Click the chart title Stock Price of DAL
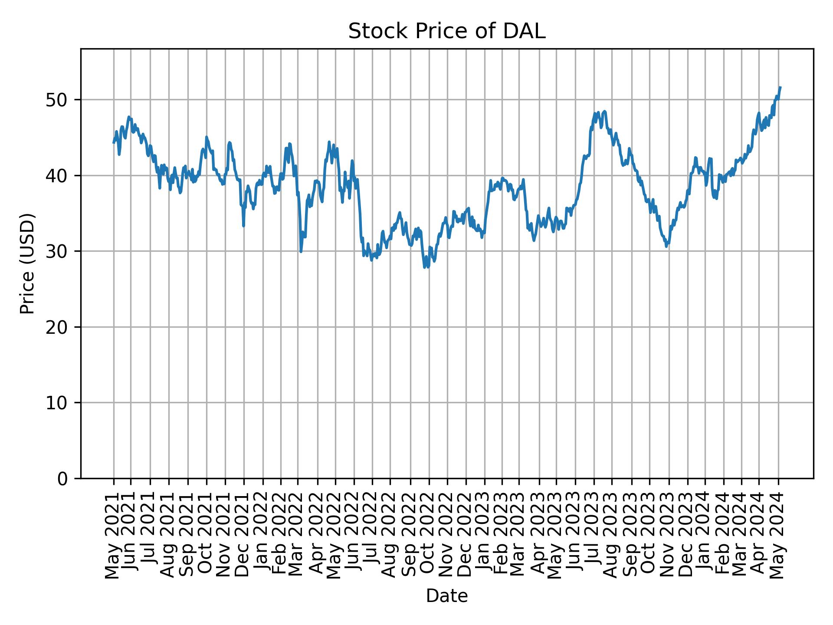pyautogui.click(x=446, y=32)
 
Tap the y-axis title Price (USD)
pyautogui.click(x=27, y=263)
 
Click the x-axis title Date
pyautogui.click(x=446, y=596)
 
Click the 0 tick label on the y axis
pyautogui.click(x=63, y=478)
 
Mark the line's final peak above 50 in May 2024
pyautogui.click(x=780, y=88)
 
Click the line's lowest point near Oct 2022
pyautogui.click(x=425, y=267)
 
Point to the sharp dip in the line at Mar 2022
pyautogui.click(x=301, y=251)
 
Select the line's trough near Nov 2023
pyautogui.click(x=666, y=246)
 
